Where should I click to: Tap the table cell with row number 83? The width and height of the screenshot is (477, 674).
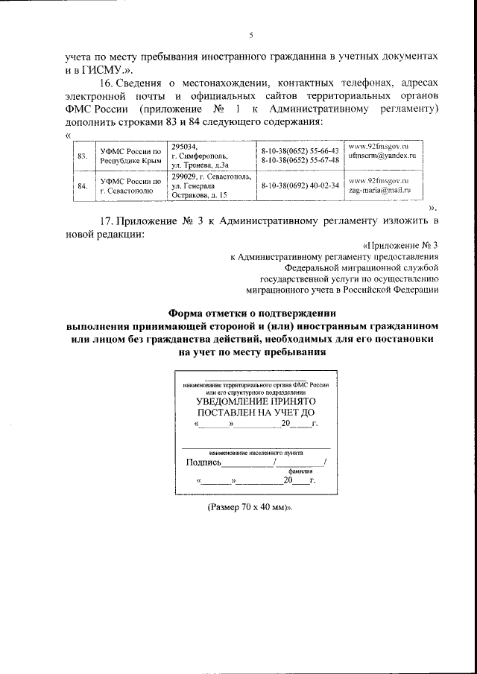click(83, 156)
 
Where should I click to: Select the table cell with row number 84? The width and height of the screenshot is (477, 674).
click(83, 186)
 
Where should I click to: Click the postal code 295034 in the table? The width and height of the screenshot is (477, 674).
click(185, 147)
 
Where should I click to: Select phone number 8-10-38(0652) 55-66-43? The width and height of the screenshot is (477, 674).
click(300, 150)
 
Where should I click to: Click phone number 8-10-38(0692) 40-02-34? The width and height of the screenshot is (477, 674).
click(300, 185)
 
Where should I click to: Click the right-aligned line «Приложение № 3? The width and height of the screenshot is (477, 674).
click(400, 245)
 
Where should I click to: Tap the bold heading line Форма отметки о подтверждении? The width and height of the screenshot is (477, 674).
click(253, 313)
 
